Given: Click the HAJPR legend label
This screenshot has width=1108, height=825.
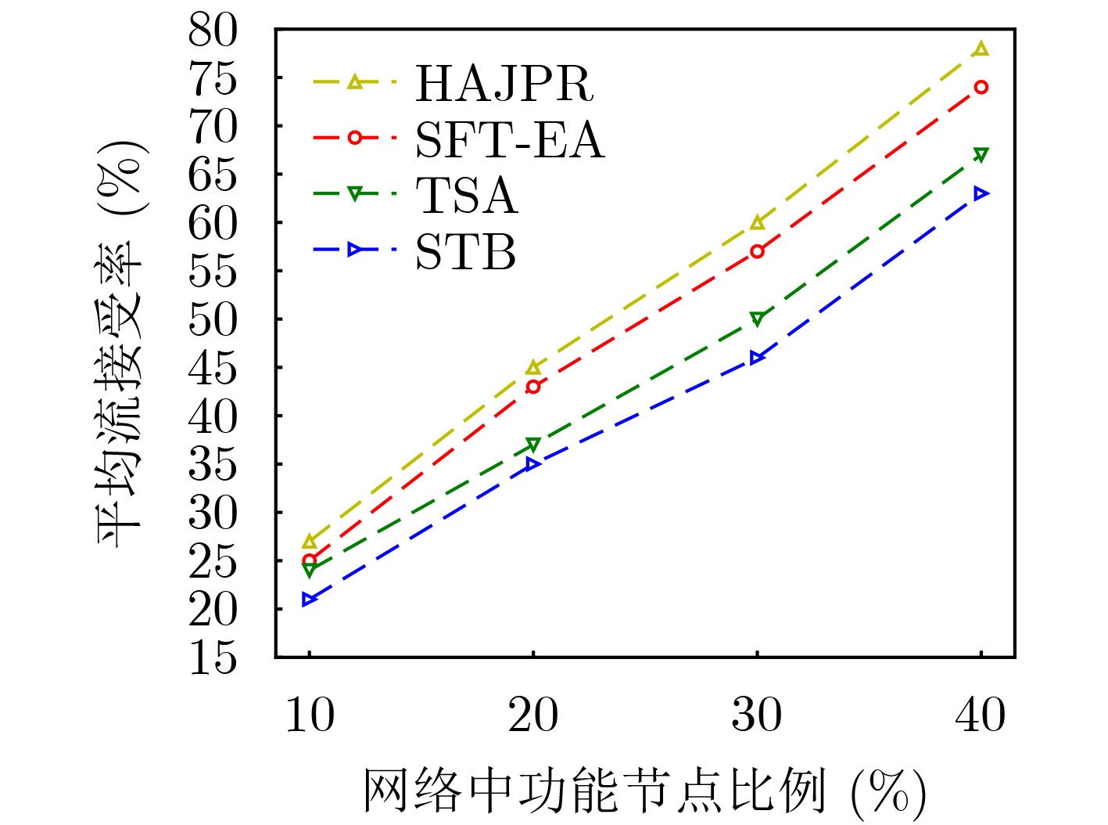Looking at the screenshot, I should click(504, 82).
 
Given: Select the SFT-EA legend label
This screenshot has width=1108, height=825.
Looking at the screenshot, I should click(509, 140).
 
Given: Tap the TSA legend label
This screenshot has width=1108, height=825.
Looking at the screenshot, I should click(466, 195).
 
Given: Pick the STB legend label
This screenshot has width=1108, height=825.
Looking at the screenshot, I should click(465, 252).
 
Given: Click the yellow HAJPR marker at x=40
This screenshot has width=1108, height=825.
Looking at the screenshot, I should click(981, 49).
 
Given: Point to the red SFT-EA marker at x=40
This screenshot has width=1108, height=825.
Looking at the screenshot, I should click(981, 87).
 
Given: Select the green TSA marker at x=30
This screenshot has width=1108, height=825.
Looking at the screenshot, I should click(757, 319).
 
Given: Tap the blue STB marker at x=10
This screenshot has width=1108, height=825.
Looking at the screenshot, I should click(310, 600).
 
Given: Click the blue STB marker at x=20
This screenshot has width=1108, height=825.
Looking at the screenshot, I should click(533, 464).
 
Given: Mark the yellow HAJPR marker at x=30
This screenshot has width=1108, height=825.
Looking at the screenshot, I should click(757, 223).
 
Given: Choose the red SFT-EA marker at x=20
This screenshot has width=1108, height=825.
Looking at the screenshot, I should click(533, 387).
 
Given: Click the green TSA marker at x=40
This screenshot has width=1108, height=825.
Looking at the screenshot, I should click(981, 155).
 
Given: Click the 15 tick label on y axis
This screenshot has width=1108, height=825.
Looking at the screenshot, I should click(212, 657).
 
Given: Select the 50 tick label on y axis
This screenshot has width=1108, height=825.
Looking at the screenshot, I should click(212, 319).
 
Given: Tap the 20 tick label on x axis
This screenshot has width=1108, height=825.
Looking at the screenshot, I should click(533, 715).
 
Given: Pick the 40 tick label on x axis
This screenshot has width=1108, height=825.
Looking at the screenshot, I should click(981, 715).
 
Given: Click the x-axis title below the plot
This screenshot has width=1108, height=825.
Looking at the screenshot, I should click(644, 791).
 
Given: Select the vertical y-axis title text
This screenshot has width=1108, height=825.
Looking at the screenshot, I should click(121, 344).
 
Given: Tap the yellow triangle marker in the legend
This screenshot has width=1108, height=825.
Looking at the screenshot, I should click(355, 81).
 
